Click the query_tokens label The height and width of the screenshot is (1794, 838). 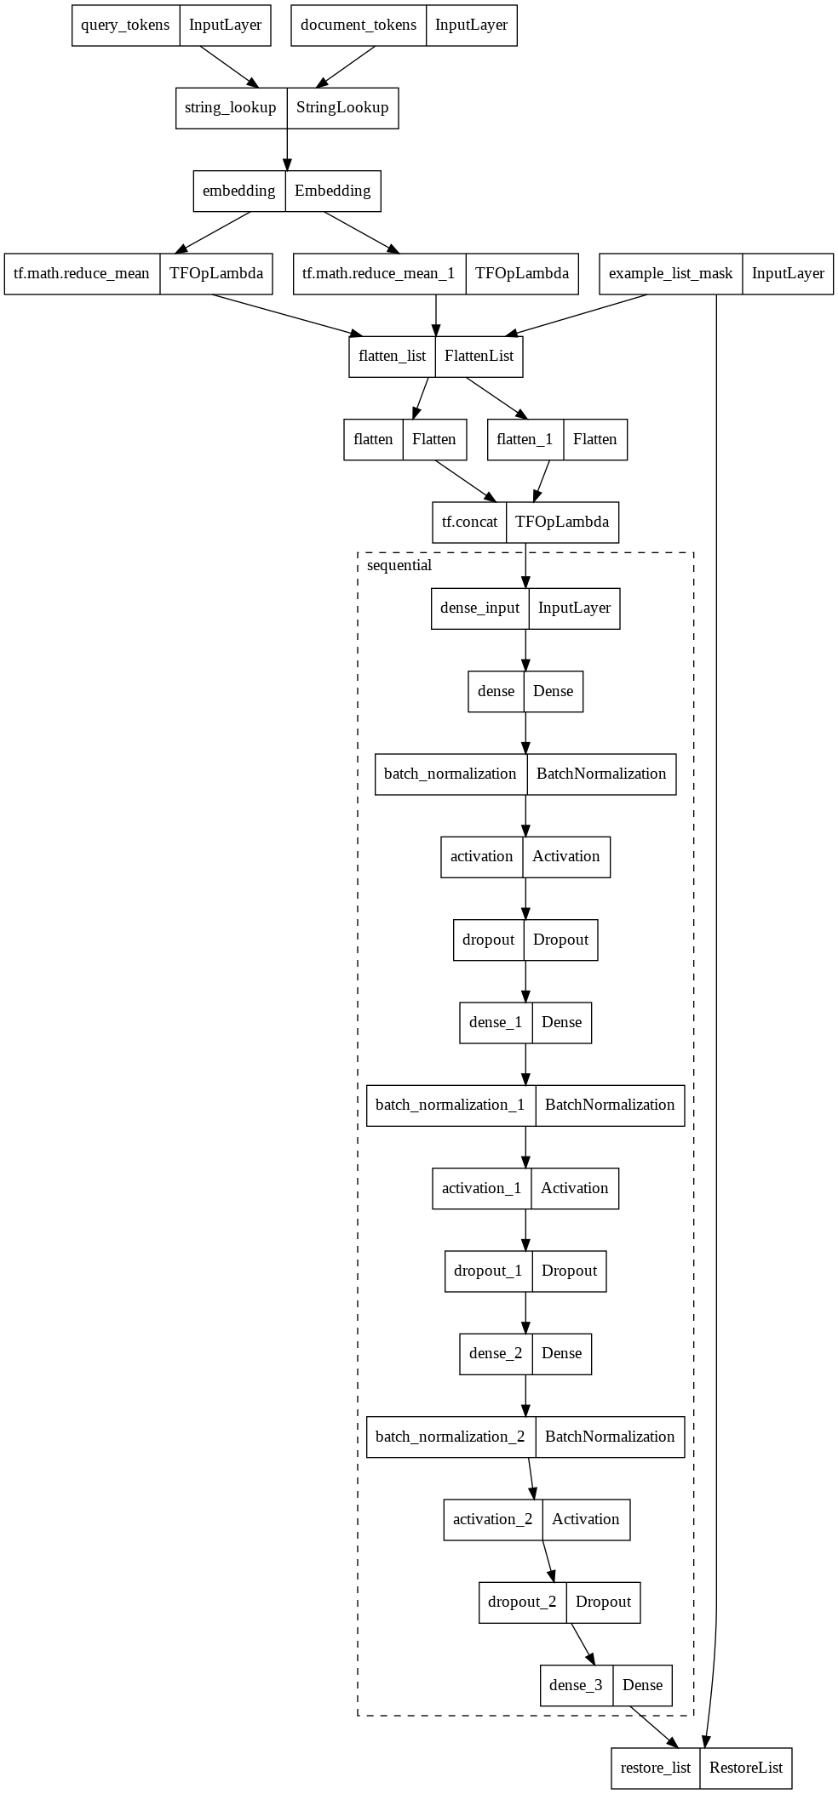coord(125,25)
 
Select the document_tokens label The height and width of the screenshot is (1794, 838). coord(359,25)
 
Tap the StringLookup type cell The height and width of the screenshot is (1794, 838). coord(342,108)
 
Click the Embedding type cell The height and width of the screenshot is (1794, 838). coord(333,191)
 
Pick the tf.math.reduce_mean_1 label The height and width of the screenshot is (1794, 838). coord(379,274)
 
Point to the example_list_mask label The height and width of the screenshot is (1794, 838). coord(670,274)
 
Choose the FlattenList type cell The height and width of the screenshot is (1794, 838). coord(479,357)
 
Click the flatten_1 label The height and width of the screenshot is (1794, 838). coord(525,440)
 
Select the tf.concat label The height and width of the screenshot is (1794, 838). coord(469,523)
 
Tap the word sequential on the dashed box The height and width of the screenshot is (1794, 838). coord(399,566)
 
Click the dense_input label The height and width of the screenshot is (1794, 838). coord(479,608)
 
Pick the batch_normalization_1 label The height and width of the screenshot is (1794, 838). coord(451,1106)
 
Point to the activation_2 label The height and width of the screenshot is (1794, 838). coord(492,1520)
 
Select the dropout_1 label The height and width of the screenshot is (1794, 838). coord(488,1271)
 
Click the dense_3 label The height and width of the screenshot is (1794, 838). coord(576,1686)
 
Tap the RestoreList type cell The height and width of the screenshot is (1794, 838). coord(746,1768)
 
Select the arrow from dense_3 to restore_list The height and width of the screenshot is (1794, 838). coord(654,1727)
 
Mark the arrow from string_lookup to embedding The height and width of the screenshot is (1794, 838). coord(287,149)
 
